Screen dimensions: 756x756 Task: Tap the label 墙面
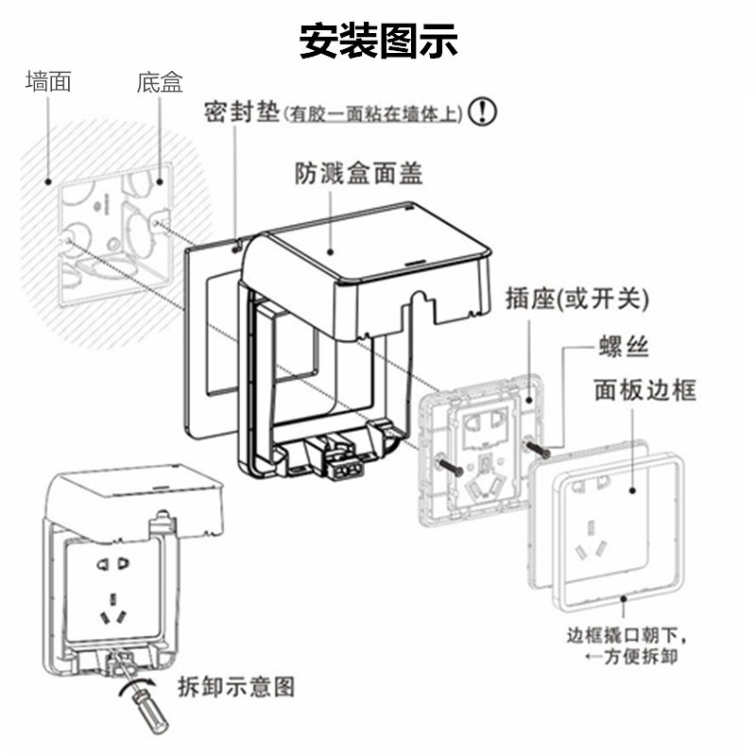coord(48,82)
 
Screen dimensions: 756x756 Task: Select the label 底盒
coord(159,83)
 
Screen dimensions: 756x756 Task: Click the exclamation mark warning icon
coord(482,112)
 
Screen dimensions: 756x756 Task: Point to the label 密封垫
coord(242,112)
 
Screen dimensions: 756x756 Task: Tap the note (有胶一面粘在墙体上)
coord(375,114)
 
